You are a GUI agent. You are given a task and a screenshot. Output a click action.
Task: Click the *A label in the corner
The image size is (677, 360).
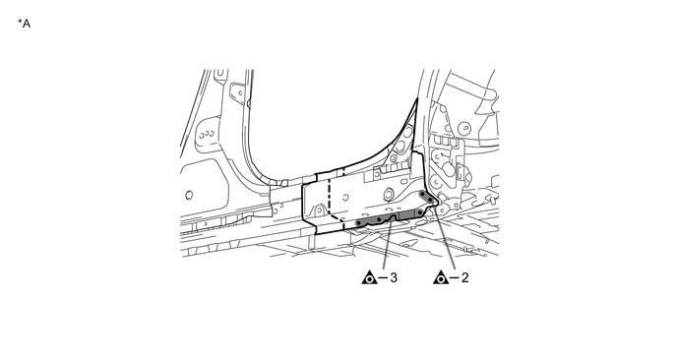(x=25, y=22)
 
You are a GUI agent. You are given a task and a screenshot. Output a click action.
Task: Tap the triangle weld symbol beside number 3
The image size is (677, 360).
(x=370, y=277)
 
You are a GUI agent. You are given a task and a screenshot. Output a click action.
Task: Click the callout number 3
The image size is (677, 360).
(x=393, y=277)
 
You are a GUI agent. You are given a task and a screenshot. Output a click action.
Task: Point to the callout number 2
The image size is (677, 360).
(x=464, y=277)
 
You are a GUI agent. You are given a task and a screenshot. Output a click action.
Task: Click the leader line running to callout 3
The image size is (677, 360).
(x=387, y=246)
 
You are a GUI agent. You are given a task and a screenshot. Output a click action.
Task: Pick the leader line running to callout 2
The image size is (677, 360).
(x=446, y=242)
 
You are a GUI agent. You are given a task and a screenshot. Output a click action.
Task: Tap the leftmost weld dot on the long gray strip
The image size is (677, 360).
(x=361, y=222)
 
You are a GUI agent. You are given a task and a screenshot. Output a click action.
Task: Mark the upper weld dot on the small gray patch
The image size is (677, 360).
(x=423, y=195)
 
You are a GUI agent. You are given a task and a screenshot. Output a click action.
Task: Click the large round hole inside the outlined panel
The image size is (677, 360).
(x=388, y=194)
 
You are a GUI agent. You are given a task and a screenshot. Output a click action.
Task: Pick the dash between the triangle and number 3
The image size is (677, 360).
(x=382, y=277)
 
